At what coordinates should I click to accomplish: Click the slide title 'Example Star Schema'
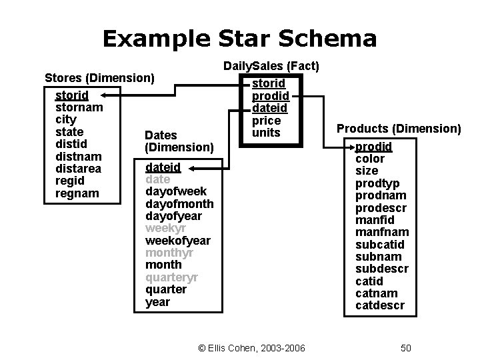(239, 38)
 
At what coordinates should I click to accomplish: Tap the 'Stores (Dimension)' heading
(99, 77)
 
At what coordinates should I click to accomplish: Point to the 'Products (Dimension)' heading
(399, 128)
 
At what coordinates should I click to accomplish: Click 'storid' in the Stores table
(71, 96)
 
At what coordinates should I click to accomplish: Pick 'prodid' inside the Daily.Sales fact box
(269, 96)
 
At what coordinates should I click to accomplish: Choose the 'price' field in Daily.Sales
(266, 121)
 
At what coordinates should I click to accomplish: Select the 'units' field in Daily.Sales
(266, 133)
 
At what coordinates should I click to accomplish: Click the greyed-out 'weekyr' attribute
(162, 228)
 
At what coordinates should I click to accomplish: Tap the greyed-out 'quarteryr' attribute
(171, 277)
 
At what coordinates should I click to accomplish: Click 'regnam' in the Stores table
(77, 193)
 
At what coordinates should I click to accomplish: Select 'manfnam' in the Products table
(382, 232)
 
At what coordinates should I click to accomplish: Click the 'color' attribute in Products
(369, 159)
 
